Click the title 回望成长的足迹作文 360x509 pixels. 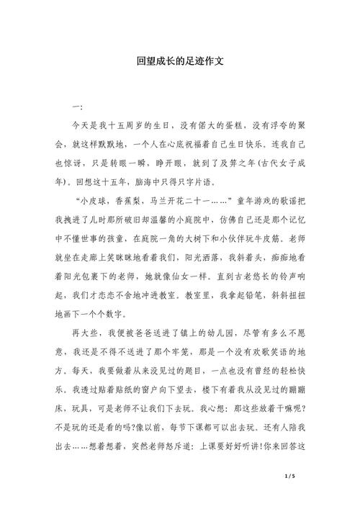180,62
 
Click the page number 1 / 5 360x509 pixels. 290,477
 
